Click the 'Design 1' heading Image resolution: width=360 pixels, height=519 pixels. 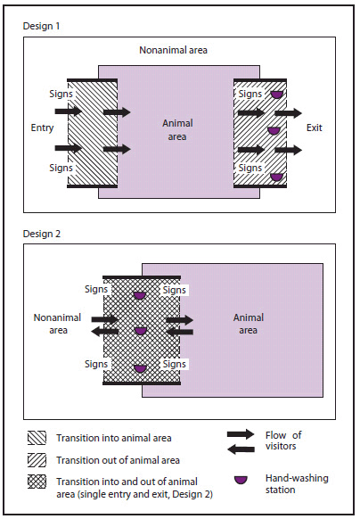42,26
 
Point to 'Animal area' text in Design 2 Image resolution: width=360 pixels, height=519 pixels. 246,323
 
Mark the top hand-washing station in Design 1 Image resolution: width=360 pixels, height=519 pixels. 277,95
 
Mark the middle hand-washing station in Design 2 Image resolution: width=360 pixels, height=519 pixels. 141,331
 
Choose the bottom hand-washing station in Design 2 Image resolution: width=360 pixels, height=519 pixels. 141,367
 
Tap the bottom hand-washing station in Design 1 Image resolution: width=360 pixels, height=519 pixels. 277,177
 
